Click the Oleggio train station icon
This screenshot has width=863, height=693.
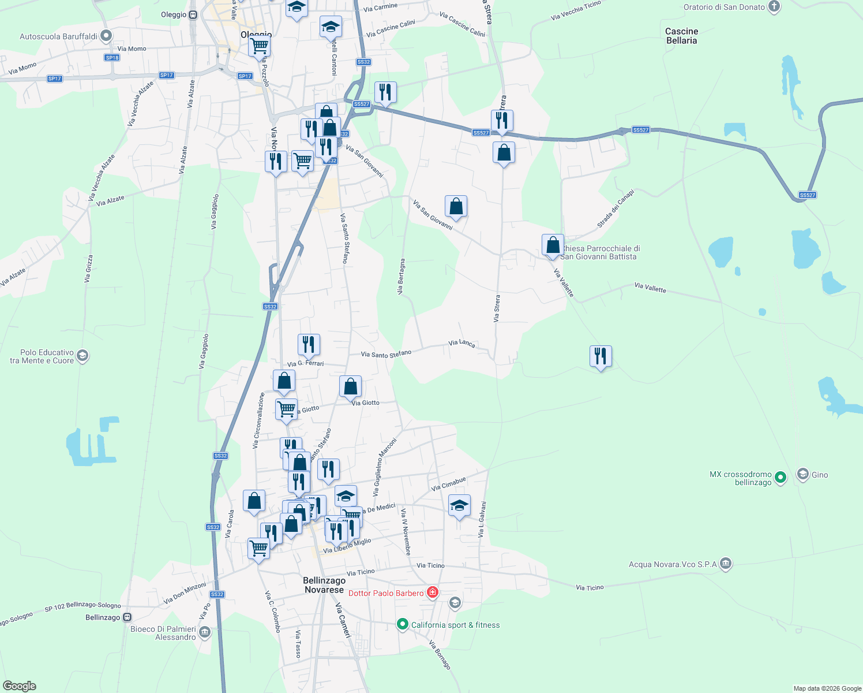(x=193, y=15)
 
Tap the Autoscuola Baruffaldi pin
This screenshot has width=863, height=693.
(x=106, y=36)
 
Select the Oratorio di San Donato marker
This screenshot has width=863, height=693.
(x=774, y=7)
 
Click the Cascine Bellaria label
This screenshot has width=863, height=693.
(x=681, y=36)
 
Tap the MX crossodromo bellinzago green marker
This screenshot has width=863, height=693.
(x=780, y=477)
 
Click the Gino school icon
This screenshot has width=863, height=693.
(x=802, y=475)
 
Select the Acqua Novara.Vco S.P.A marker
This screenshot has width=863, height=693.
(x=726, y=563)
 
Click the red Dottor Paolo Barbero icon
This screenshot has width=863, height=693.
(x=432, y=592)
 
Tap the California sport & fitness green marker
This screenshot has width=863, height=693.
(x=403, y=624)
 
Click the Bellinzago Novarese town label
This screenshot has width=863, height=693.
(x=324, y=585)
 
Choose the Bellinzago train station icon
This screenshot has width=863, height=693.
(x=127, y=617)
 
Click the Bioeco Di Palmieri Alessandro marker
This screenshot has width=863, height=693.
(x=205, y=633)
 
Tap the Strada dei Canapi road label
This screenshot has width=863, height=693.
(x=616, y=208)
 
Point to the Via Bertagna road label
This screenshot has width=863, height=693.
(x=400, y=277)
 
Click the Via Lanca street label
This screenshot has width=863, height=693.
(x=461, y=343)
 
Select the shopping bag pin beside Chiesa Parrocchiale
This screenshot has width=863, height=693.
(x=553, y=245)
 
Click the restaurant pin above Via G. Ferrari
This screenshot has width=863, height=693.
(x=309, y=344)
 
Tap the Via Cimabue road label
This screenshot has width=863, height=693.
(x=448, y=484)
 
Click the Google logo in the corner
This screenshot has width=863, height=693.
(x=19, y=686)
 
